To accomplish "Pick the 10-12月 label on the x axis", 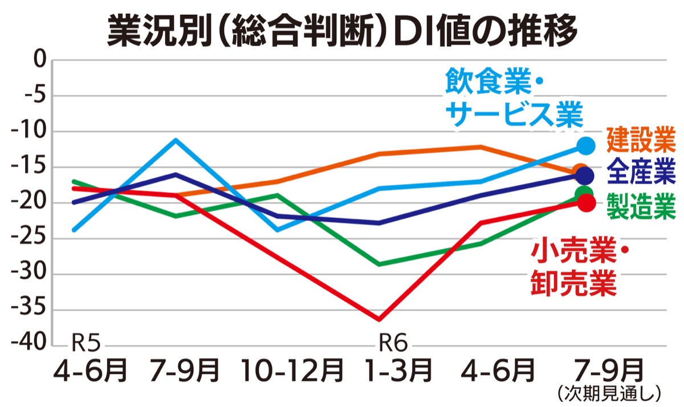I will click(292, 371).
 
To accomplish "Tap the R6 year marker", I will click(393, 343).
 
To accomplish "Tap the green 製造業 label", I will click(641, 206).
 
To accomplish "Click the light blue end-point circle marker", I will click(585, 146).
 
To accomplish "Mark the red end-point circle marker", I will click(585, 202).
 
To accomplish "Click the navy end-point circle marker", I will click(584, 176).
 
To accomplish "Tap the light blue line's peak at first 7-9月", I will click(176, 140).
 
